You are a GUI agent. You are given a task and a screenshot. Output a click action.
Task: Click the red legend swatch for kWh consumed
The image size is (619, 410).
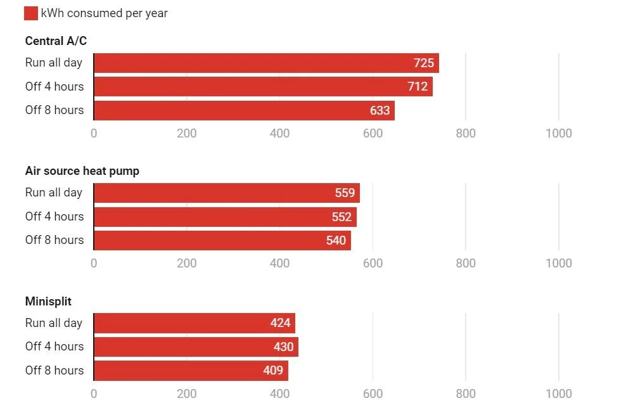coord(31,13)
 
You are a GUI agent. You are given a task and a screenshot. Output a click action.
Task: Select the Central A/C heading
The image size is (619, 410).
coord(56,41)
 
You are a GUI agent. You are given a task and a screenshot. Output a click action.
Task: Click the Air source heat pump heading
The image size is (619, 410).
coord(82,171)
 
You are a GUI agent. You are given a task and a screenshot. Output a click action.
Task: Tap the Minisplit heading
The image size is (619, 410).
coord(48,301)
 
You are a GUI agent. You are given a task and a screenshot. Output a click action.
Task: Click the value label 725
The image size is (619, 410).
coord(424,63)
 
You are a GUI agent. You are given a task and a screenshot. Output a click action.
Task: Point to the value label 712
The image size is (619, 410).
coord(418,86)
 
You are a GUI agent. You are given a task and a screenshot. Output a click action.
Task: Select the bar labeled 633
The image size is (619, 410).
coord(244,110)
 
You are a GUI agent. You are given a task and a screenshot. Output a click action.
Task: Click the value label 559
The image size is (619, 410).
coord(345,193)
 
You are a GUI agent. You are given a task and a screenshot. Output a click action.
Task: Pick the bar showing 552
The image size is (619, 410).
coord(225,217)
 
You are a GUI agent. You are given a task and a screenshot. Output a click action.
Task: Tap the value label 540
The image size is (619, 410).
coord(336,240)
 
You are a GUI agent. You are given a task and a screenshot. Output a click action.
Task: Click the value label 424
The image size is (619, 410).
coord(280,323)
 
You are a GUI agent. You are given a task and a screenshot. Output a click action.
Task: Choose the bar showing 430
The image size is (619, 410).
coord(196,347)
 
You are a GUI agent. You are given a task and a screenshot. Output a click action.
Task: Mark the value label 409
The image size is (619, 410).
coord(273,370)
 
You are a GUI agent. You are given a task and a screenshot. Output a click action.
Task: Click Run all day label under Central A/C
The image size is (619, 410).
coord(54,63)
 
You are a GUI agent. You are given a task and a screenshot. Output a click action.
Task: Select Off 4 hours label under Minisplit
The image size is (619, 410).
coord(54,347)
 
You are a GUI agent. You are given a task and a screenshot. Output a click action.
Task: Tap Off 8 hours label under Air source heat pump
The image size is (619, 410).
coord(54,240)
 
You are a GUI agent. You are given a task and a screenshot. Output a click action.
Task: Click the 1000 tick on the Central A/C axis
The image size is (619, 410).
coord(558,133)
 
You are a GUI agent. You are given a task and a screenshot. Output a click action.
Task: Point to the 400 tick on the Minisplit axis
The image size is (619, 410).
coord(279,394)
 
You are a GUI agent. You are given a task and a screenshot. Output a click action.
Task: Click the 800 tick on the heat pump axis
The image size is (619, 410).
coord(466,263)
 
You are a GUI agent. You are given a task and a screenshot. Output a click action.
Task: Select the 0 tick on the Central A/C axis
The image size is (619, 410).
coord(94,133)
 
